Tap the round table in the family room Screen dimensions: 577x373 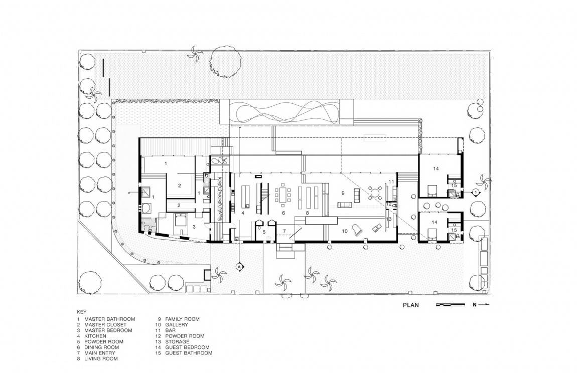coord(376,193)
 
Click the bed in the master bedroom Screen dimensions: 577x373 coord(181,220)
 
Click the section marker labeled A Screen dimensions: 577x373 coord(239,266)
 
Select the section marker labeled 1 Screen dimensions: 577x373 coord(475,192)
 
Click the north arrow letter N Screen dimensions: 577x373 coord(475,305)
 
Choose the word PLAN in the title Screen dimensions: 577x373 coord(410,305)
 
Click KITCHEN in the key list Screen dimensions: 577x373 coord(95,336)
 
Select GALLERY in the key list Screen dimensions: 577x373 coord(177,325)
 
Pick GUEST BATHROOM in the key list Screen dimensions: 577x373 coord(189,353)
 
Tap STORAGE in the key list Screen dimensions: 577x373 coord(177,342)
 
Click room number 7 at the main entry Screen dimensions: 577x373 coord(284,231)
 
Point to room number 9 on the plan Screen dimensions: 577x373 coord(343,193)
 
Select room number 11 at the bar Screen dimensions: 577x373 coord(391,181)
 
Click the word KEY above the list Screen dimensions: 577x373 coord(82,311)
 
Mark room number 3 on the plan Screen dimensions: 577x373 coord(194,227)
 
